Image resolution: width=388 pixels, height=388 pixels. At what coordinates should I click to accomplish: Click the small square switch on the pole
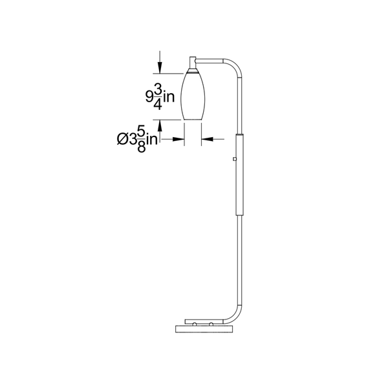click(235, 159)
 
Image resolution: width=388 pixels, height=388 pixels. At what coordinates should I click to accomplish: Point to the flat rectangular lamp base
click(204, 329)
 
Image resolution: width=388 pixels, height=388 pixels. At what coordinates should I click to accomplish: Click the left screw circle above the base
click(195, 324)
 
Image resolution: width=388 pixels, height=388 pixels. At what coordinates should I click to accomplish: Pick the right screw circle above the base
click(211, 324)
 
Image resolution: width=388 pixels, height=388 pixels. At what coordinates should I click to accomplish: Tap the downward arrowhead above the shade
click(160, 67)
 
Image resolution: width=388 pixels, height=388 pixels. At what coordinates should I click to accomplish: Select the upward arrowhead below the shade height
click(160, 126)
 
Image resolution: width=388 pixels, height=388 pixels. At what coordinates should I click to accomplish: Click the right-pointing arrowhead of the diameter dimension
click(178, 139)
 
